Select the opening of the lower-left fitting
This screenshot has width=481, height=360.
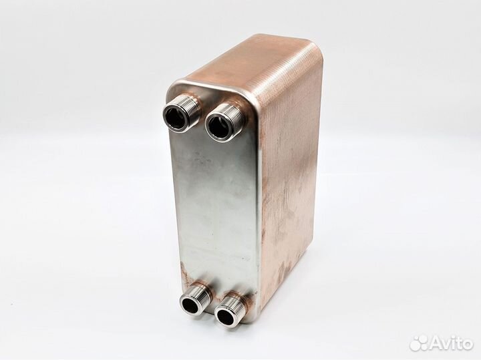click(x=190, y=304)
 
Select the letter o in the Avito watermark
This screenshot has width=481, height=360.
click(x=466, y=345)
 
